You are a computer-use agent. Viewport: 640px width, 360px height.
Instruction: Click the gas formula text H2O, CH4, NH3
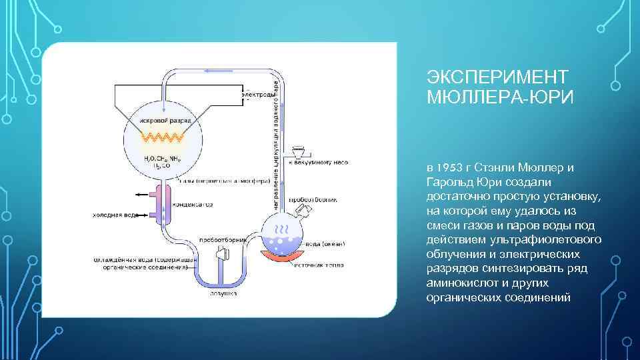161,159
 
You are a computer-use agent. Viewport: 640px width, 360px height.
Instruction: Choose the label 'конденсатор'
193,205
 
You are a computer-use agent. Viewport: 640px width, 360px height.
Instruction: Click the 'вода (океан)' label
323,245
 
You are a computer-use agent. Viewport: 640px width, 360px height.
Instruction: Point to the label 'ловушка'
221,292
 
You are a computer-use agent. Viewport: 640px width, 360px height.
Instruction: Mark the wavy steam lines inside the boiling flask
281,229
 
